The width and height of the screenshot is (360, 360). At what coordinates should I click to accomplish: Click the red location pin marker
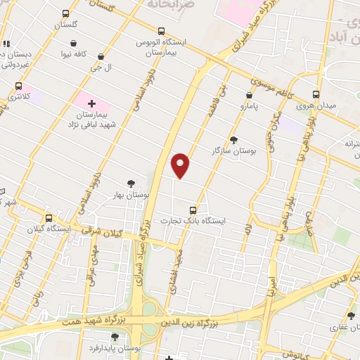tap(181, 165)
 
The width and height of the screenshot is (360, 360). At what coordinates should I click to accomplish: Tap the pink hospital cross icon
tap(91, 103)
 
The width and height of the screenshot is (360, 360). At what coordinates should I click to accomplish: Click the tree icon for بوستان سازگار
tap(233, 139)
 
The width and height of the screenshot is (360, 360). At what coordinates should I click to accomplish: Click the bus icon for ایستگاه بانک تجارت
tap(193, 210)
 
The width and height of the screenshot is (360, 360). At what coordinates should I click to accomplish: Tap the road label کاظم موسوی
tap(258, 86)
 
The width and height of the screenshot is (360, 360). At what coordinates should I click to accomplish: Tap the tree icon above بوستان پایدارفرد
tap(115, 337)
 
